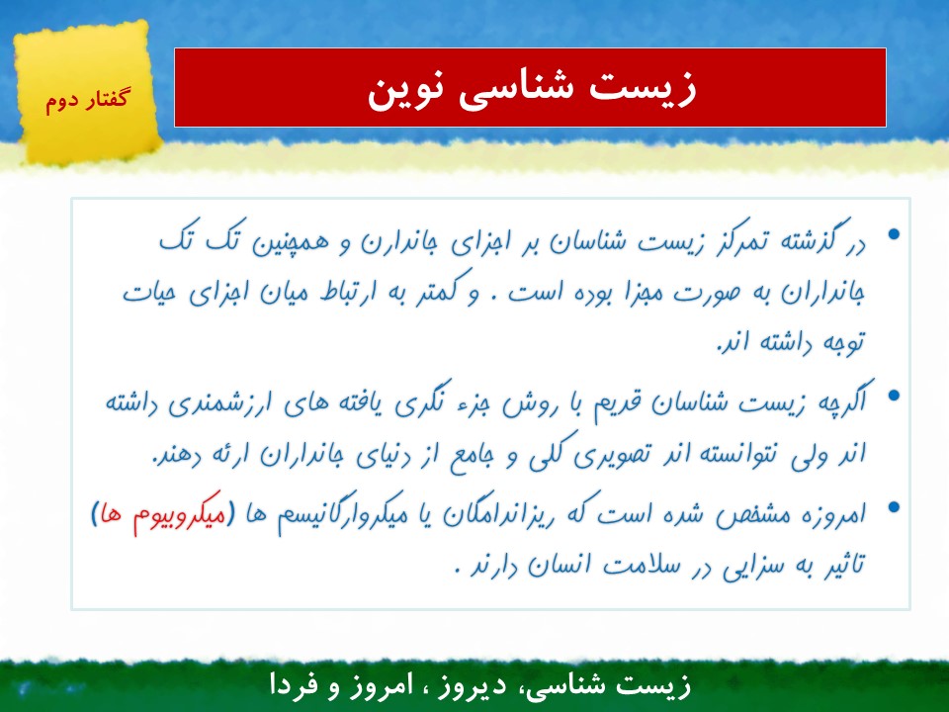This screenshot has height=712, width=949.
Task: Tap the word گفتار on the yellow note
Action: pos(104,99)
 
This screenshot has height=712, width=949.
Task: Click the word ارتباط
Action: pos(349,293)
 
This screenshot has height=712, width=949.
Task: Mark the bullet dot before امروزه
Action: pos(894,507)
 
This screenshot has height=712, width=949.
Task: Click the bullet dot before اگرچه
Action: pos(894,396)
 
